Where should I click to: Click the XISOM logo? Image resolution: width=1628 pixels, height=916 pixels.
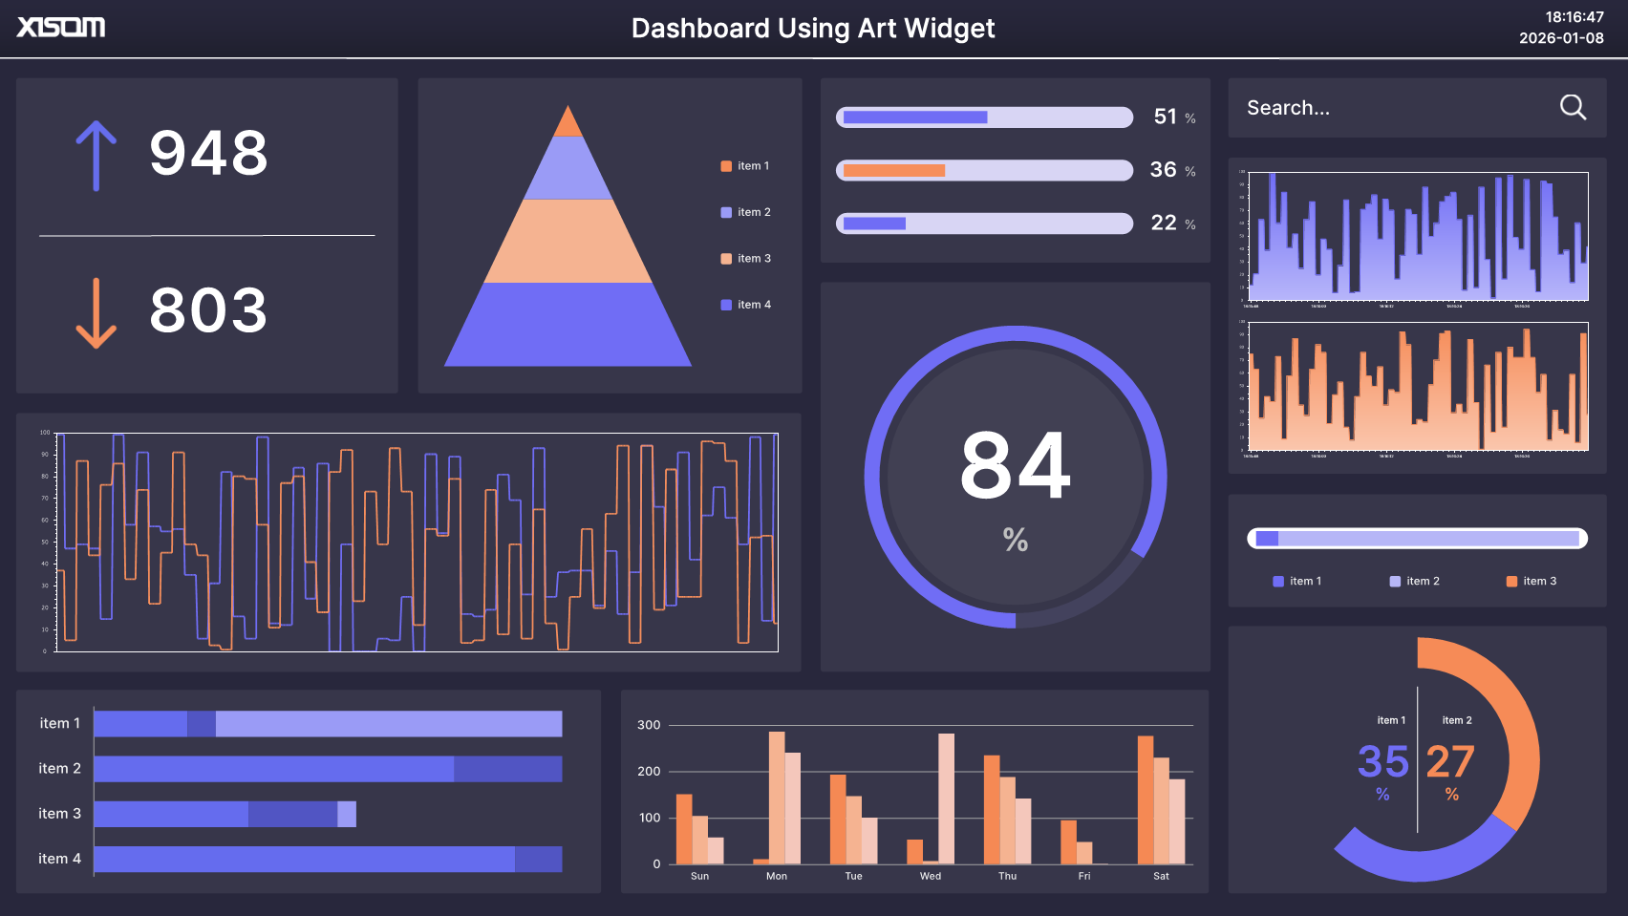pos(61,27)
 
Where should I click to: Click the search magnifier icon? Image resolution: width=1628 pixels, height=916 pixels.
pos(1573,107)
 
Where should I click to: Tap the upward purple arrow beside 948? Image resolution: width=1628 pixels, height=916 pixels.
pos(96,156)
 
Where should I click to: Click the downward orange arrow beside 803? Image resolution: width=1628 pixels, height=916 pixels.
pos(96,313)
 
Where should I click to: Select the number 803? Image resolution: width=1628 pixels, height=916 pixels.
pos(208,310)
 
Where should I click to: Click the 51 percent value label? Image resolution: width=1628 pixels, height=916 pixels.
pos(1166,117)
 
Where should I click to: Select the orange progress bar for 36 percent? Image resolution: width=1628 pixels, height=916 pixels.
pos(894,171)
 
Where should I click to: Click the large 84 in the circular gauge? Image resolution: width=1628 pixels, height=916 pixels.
pos(1015,466)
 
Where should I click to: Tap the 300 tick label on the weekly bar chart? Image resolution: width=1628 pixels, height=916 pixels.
pos(649,725)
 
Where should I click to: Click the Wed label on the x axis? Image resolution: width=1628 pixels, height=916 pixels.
pos(931,876)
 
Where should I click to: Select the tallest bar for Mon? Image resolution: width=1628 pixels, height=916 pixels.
pos(777,798)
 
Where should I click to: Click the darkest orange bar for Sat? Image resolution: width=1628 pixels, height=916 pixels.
pos(1146,800)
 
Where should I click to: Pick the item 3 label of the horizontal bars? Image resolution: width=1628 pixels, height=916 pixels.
pos(59,814)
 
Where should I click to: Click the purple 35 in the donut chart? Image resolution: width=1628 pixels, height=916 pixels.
pos(1382,762)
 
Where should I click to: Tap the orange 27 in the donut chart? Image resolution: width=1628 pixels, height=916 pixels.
pos(1450,762)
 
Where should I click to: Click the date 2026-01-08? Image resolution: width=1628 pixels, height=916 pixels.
pos(1561,38)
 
